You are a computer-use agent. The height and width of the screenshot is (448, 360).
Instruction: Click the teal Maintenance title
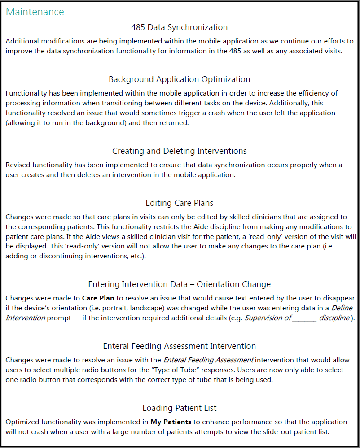coord(35,12)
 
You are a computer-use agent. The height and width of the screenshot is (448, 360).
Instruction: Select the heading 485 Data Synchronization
coord(180,27)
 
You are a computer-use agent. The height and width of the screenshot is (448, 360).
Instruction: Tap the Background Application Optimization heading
coord(180,79)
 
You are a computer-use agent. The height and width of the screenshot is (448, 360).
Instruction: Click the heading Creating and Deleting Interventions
coord(180,151)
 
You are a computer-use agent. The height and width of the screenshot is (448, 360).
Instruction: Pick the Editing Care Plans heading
coord(180,203)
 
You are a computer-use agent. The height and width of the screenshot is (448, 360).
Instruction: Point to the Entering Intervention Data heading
coord(180,284)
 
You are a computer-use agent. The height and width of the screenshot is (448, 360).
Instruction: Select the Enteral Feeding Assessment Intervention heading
coord(180,346)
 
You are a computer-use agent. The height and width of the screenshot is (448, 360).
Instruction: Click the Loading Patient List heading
coord(180,408)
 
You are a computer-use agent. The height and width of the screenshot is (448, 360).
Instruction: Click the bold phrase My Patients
coord(171,422)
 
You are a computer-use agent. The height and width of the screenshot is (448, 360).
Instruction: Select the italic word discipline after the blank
coord(334,318)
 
